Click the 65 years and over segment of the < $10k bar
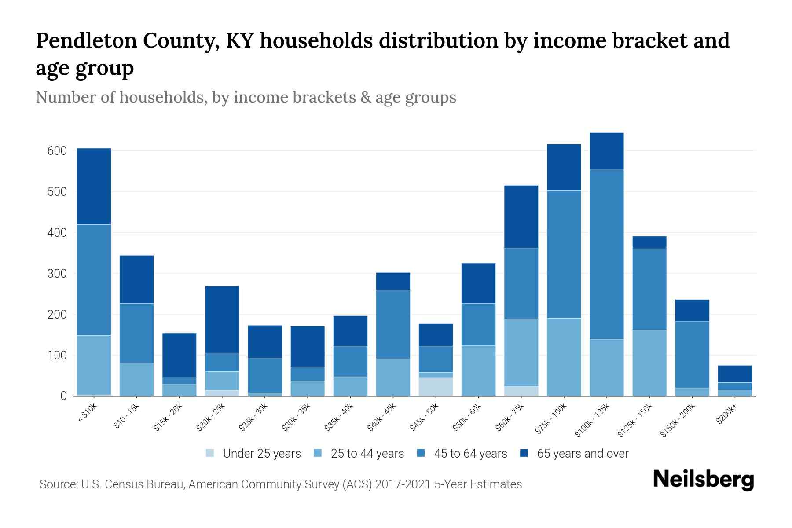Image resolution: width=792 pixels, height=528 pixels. click(x=94, y=187)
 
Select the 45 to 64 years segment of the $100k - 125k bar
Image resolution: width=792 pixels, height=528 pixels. click(x=606, y=254)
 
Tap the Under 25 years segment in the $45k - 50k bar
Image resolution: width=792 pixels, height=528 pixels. click(x=436, y=386)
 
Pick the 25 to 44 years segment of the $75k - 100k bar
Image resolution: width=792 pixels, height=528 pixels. click(x=564, y=357)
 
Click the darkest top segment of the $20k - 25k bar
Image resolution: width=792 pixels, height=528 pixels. click(x=222, y=319)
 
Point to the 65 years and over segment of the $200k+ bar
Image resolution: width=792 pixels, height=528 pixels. click(x=734, y=374)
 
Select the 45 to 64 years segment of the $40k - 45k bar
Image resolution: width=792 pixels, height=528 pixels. click(x=393, y=324)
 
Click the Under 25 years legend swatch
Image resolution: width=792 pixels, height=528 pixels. click(x=210, y=453)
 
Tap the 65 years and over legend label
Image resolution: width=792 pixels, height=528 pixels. click(x=582, y=454)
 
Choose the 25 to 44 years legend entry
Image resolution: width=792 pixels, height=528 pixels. click(x=367, y=454)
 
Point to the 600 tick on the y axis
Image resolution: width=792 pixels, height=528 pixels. click(x=57, y=151)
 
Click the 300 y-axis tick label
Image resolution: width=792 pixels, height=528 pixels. click(x=57, y=274)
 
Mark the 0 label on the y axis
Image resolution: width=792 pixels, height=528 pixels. click(x=63, y=396)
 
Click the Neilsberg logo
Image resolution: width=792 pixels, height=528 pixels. click(x=703, y=480)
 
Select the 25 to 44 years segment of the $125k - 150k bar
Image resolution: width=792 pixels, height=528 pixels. click(x=649, y=363)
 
